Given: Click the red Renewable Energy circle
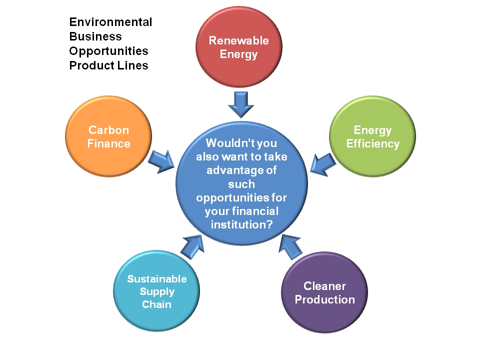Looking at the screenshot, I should [x=238, y=47].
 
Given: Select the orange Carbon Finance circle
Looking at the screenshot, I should [x=108, y=137].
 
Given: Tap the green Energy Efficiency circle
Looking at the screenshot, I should [x=372, y=137].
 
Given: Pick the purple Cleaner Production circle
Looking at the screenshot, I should [x=324, y=293].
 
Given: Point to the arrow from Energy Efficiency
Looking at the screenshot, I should [x=322, y=164].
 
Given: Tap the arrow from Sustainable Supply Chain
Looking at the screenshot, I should [x=191, y=245].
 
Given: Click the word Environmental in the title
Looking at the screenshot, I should [x=110, y=22].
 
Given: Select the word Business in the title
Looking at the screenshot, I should [x=95, y=36].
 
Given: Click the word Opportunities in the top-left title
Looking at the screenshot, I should [x=108, y=51].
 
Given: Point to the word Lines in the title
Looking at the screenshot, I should [x=134, y=65].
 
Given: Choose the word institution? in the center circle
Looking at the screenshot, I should [x=241, y=224].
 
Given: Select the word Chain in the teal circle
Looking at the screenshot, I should [x=156, y=304].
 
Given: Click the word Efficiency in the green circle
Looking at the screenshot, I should [x=372, y=144].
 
